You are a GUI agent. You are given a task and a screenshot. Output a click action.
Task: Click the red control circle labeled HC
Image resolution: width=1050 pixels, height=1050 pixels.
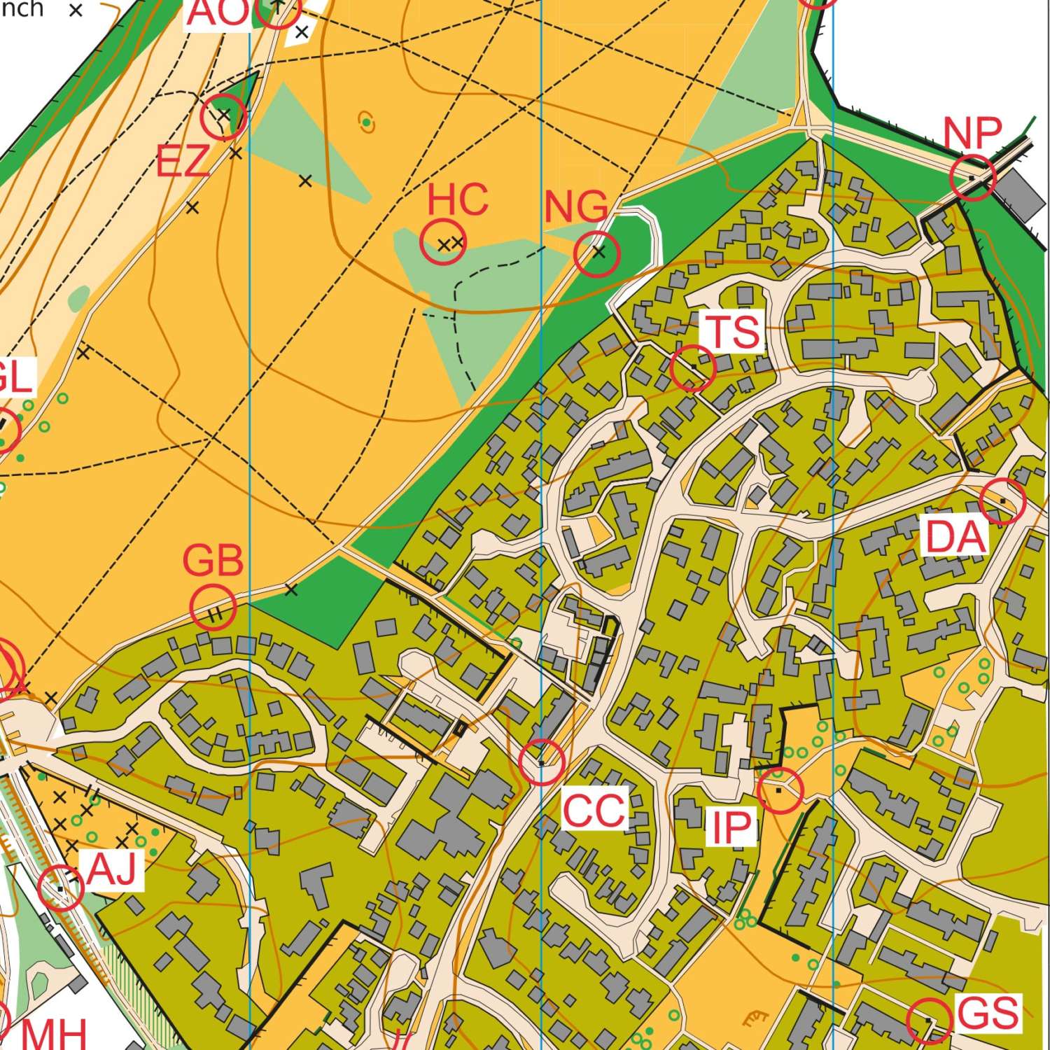(x=443, y=241)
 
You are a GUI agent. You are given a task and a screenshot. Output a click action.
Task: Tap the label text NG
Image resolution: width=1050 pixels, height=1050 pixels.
(x=576, y=208)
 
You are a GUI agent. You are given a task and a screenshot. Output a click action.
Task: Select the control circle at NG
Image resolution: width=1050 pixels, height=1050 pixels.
(x=597, y=253)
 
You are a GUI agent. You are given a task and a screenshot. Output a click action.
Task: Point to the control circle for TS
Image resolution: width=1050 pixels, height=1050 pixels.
(x=693, y=367)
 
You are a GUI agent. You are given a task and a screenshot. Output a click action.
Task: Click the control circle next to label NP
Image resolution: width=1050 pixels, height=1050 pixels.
(x=973, y=178)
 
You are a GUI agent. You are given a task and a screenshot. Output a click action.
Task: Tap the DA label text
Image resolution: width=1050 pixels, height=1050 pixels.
(x=955, y=538)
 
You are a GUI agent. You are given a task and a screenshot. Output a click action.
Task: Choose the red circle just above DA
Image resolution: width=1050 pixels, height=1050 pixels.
(x=1002, y=501)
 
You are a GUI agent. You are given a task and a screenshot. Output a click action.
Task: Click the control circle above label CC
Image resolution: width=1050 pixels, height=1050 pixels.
(x=542, y=762)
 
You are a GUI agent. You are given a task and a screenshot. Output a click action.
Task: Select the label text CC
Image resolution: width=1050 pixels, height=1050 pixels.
(x=594, y=810)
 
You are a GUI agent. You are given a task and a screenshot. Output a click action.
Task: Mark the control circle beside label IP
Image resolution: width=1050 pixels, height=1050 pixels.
(x=780, y=790)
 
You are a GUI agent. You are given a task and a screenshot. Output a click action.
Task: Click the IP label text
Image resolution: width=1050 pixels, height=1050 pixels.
(x=731, y=827)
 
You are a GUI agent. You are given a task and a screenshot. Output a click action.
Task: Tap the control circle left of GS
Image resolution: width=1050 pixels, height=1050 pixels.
(x=929, y=1021)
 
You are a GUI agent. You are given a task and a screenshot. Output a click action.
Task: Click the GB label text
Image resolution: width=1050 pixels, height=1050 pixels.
(x=213, y=561)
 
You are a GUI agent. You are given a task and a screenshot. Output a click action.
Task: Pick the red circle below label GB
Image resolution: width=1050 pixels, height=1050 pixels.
(x=213, y=608)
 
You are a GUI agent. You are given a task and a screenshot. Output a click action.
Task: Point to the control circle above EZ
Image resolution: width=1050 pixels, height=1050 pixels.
(x=223, y=116)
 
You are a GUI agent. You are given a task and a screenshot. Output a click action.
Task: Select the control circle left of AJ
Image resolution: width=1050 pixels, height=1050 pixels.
(x=62, y=888)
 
